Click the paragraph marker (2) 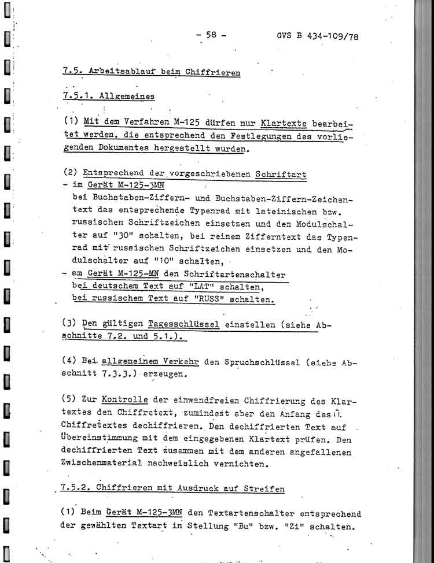coord(71,173)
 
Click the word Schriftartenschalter coord(231,275)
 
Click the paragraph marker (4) coord(71,362)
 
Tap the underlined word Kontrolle coord(124,400)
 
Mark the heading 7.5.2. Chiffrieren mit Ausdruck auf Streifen coord(173,489)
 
